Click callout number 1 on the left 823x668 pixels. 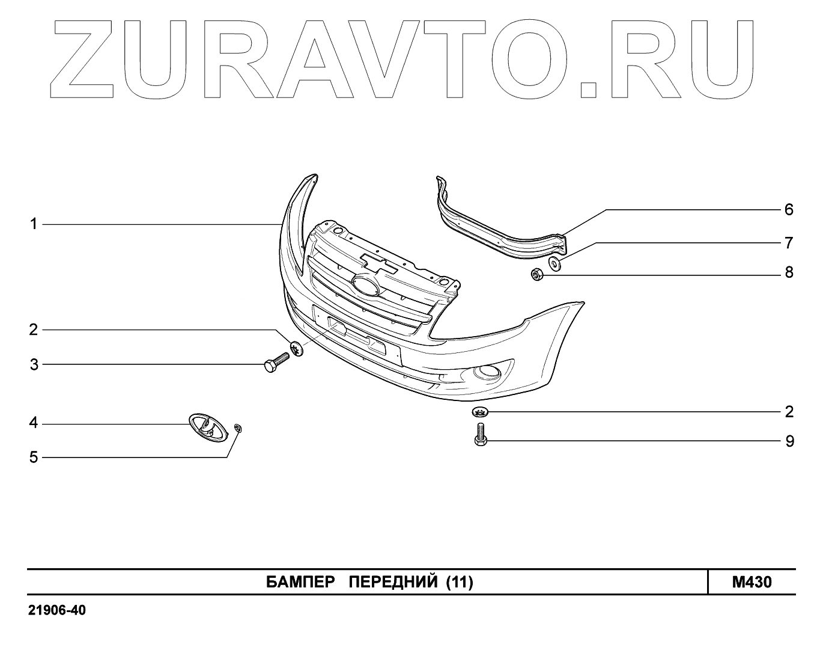tap(34, 225)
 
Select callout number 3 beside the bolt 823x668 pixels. tap(34, 364)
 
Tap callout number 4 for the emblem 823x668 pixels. tap(34, 423)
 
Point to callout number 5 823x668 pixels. tap(34, 458)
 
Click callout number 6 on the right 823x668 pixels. tap(789, 210)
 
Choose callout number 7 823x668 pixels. tap(789, 243)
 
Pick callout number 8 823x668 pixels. tap(789, 273)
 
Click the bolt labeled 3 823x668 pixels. tap(276, 363)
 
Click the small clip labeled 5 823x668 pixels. tap(238, 428)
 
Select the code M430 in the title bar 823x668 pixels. tap(752, 582)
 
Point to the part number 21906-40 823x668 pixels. tap(57, 611)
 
